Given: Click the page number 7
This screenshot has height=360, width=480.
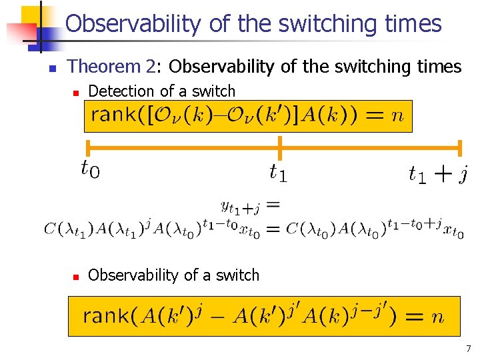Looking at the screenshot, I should pos(469,348).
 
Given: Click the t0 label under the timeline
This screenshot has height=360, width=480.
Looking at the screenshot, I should pos(90,171).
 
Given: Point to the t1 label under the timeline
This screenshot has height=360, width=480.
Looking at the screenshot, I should pos(279,173).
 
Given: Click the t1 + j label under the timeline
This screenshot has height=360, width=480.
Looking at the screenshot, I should pos(437,174).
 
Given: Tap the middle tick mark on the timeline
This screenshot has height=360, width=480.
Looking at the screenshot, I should pos(280,147).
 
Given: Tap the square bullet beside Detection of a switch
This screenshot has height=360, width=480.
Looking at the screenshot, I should pos(77,92).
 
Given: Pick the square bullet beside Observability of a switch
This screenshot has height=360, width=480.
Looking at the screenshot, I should pos(77,275).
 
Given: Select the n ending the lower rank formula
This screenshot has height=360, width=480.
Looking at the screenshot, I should pos(437,317).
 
